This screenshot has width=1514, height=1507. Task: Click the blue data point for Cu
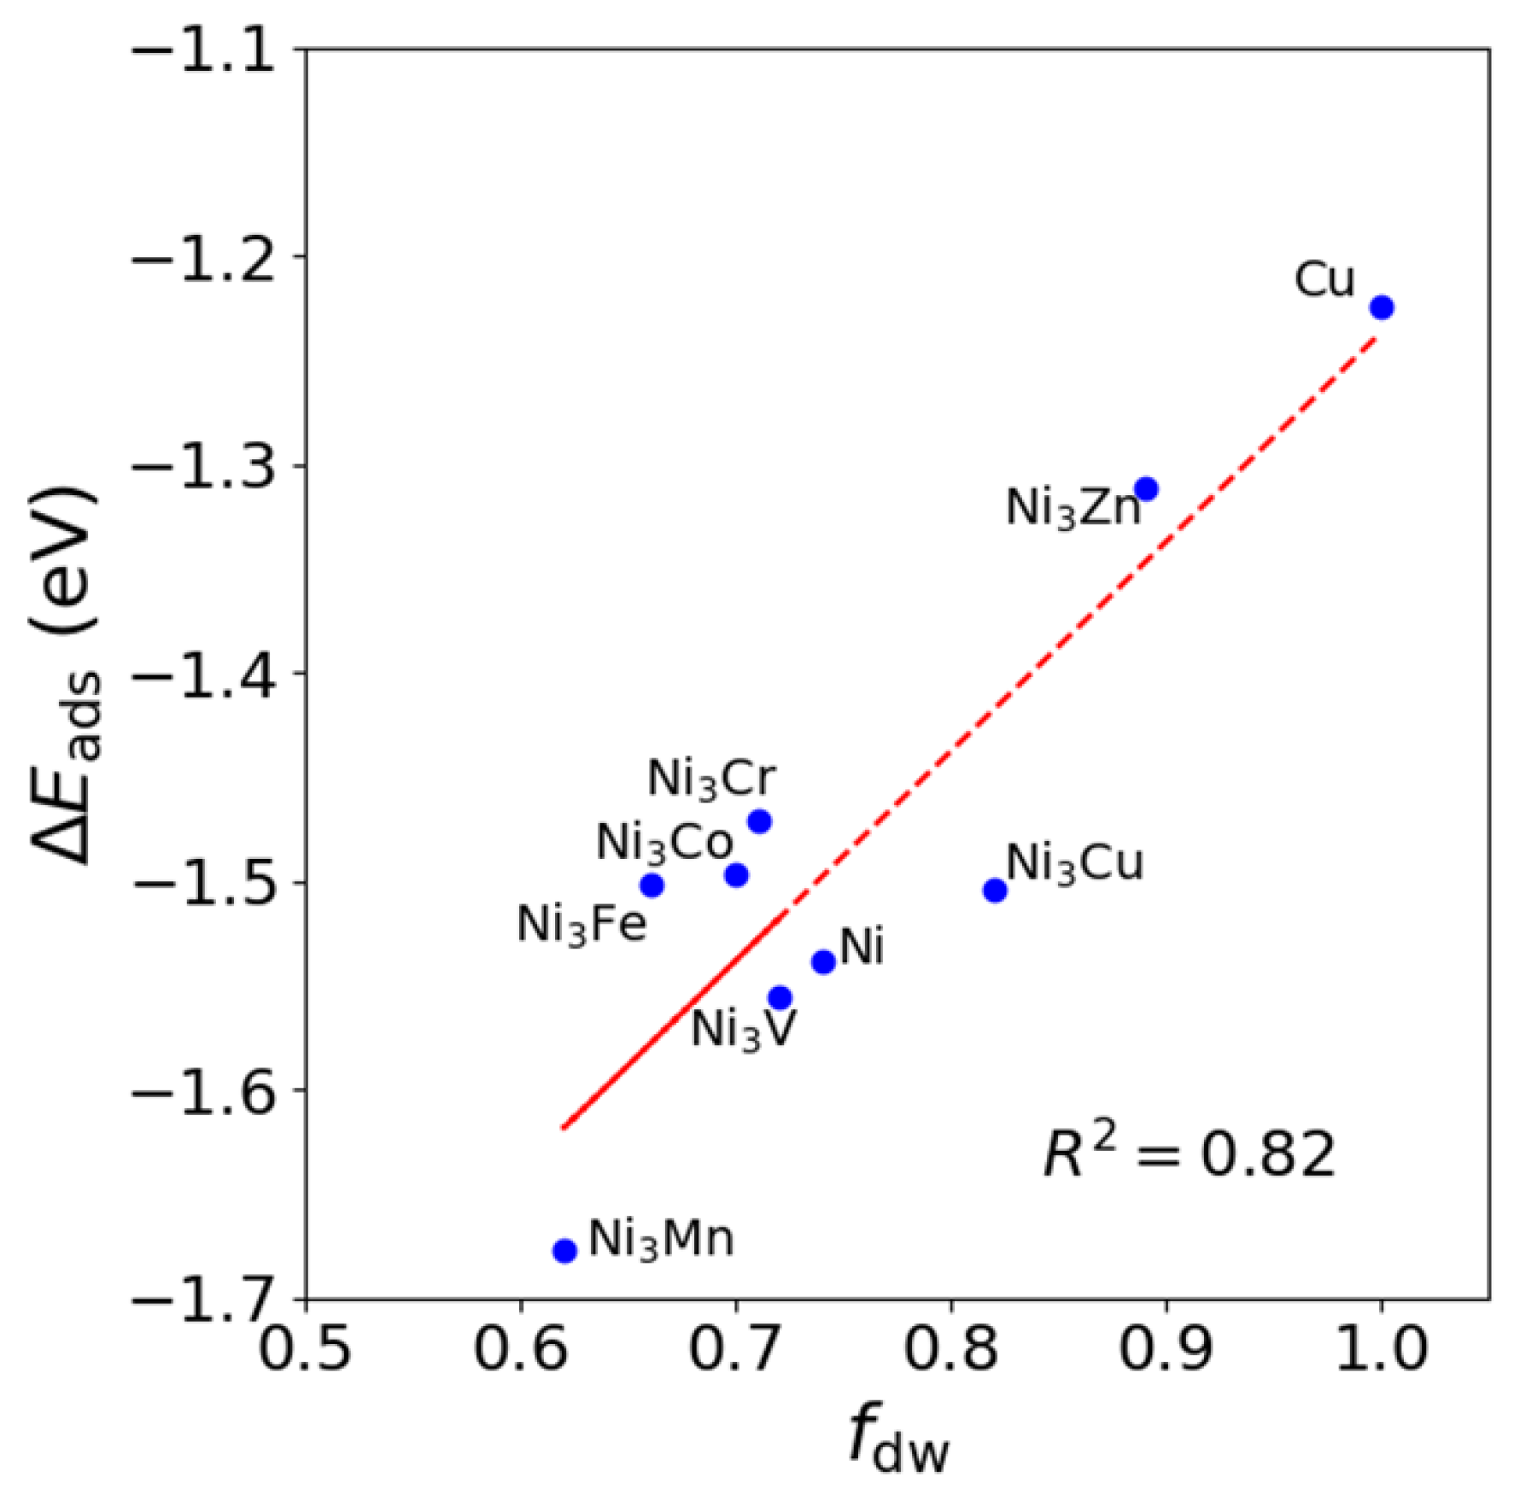click(x=1382, y=307)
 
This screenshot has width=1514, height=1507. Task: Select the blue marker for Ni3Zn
click(x=1146, y=489)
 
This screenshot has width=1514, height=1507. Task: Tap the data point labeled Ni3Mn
click(x=564, y=1251)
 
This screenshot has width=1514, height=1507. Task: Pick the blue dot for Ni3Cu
click(x=994, y=891)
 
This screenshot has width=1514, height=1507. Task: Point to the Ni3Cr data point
click(x=759, y=821)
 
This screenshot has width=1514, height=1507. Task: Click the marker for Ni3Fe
click(x=652, y=885)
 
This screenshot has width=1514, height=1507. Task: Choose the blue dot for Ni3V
click(x=780, y=997)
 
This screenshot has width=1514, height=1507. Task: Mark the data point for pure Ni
click(x=823, y=962)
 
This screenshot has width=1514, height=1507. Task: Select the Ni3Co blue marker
click(x=736, y=875)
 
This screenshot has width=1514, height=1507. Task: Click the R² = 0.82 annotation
click(x=1189, y=1154)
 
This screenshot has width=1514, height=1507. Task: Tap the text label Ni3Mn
click(x=661, y=1240)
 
